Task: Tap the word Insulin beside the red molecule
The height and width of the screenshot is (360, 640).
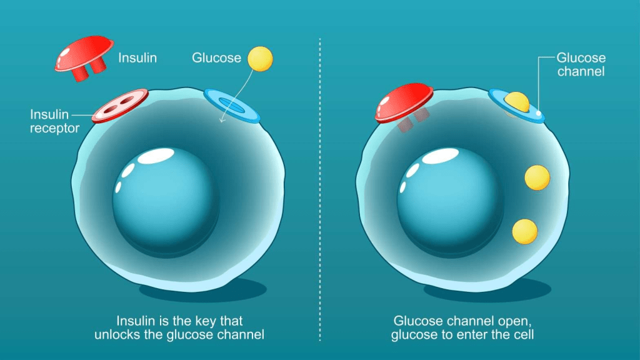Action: pyautogui.click(x=137, y=58)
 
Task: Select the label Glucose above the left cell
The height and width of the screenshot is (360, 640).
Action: pyautogui.click(x=216, y=57)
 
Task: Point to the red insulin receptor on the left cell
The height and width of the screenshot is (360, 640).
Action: pyautogui.click(x=120, y=105)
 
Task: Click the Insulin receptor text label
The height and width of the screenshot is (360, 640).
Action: pyautogui.click(x=55, y=121)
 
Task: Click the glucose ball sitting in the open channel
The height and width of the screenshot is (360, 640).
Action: pyautogui.click(x=517, y=102)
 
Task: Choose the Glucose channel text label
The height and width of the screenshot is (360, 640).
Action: pyautogui.click(x=581, y=65)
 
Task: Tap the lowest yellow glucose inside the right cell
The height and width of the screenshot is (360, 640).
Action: pyautogui.click(x=524, y=232)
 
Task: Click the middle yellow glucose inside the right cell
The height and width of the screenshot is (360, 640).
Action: pyautogui.click(x=537, y=177)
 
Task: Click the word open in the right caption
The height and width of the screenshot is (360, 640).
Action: pyautogui.click(x=507, y=321)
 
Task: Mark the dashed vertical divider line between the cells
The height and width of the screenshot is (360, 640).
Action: pyautogui.click(x=320, y=187)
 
